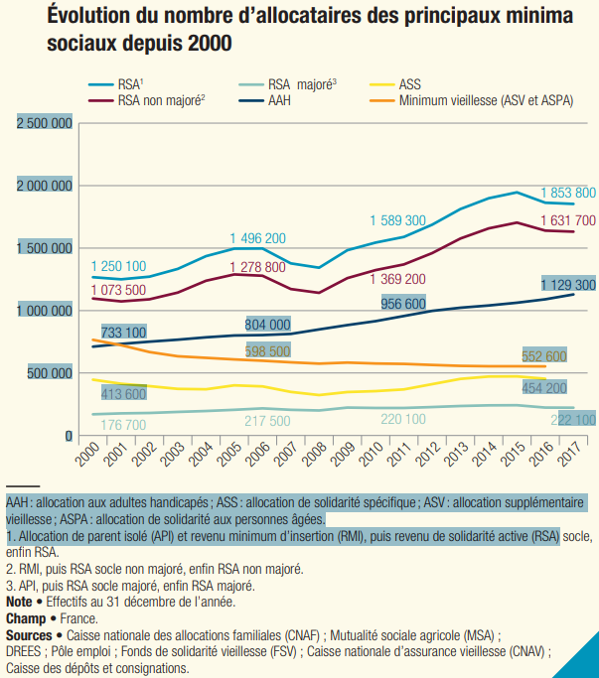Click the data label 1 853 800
[x=567, y=193]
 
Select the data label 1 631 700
[x=567, y=220]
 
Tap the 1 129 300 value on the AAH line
[x=567, y=285]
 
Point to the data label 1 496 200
[x=257, y=238]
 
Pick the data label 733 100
[x=123, y=333]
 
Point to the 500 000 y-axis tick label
[x=51, y=373]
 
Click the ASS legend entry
[x=409, y=85]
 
